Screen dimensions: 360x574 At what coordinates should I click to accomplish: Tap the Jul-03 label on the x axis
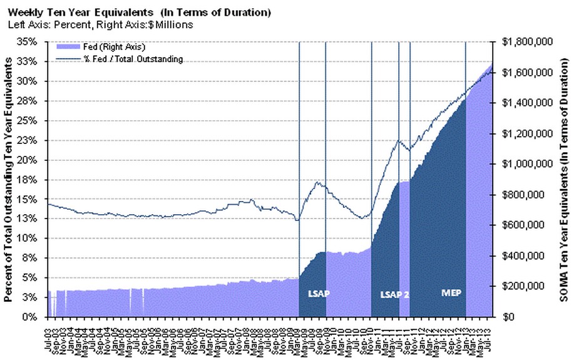[49, 336]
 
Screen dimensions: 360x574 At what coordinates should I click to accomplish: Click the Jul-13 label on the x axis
[488, 336]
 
